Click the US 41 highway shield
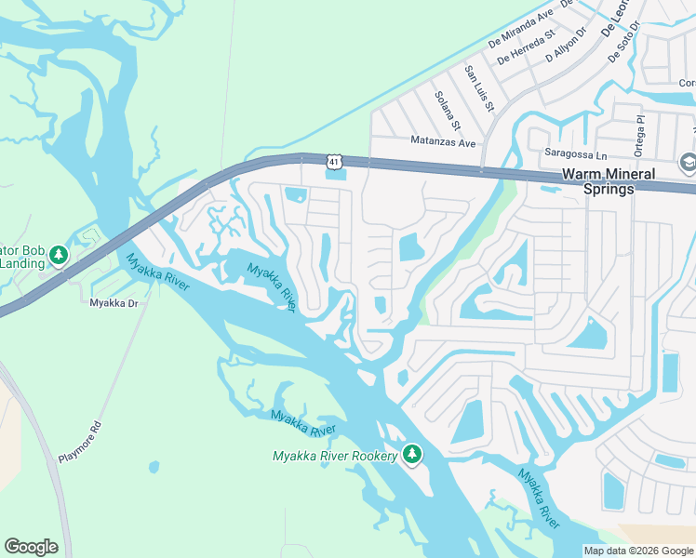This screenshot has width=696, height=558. (x=334, y=163)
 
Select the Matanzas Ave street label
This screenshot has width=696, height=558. (x=443, y=142)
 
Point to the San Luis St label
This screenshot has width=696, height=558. (x=478, y=88)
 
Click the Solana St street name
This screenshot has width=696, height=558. (x=448, y=110)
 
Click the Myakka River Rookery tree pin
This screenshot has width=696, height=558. (x=412, y=455)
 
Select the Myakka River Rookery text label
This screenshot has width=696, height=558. (x=334, y=456)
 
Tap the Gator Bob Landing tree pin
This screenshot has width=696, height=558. (x=59, y=255)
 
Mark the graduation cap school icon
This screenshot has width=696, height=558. (x=688, y=163)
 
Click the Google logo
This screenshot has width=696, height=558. (x=31, y=547)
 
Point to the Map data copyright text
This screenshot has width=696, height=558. (x=639, y=551)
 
